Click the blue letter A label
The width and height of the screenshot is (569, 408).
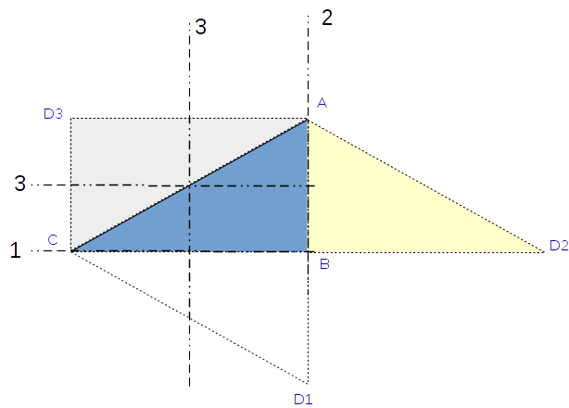[322, 104]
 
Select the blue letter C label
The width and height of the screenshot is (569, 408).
[53, 240]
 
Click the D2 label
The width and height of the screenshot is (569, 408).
[558, 245]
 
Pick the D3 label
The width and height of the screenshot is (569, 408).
[53, 114]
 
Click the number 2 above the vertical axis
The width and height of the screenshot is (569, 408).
[325, 17]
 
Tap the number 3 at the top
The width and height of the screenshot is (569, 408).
[201, 28]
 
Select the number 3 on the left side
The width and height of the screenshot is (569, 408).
[19, 184]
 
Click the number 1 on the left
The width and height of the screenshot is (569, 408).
[15, 251]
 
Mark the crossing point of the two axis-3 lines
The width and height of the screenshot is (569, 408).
[189, 185]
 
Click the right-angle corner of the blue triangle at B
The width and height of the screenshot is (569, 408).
[308, 251]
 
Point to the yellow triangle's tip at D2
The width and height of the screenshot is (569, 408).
[543, 251]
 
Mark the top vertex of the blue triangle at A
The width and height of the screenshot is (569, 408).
[308, 119]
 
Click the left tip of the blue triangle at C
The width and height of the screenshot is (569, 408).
[71, 251]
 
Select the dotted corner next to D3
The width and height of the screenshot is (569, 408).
[71, 119]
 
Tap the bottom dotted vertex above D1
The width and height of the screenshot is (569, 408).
[308, 383]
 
